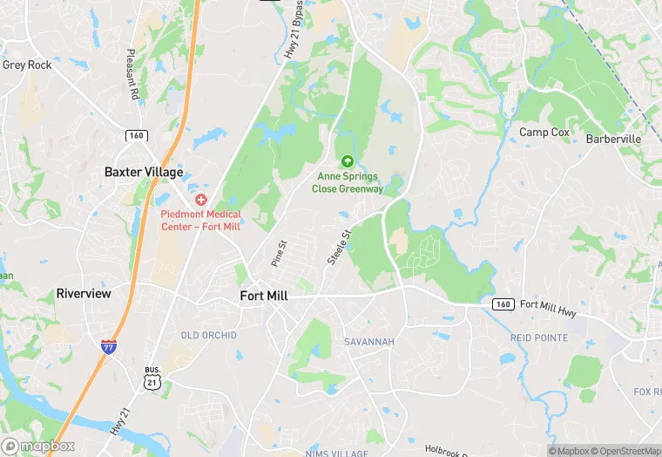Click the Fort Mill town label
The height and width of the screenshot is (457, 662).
264,297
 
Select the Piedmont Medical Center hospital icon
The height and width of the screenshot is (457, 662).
201,200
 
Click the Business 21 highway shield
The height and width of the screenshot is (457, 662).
152,378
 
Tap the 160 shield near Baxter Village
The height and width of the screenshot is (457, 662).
136,135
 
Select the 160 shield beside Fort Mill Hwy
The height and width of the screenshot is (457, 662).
502,304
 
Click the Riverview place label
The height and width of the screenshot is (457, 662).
84,294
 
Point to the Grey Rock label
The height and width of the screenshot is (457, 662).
27,65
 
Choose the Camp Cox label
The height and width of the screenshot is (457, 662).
544,133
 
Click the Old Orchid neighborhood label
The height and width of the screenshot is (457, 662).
208,336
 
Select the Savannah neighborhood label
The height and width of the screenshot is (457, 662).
369,341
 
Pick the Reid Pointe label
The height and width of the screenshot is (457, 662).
538,338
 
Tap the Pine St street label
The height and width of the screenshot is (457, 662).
278,255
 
